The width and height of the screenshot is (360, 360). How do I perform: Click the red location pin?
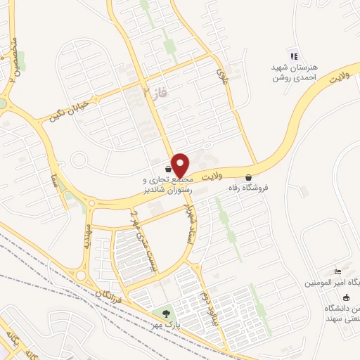click(x=180, y=165)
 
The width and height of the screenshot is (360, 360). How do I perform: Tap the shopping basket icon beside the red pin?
click(x=167, y=169)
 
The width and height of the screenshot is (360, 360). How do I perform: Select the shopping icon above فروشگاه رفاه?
click(x=248, y=178)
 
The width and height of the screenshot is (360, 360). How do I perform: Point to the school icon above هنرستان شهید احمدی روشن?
click(x=294, y=56)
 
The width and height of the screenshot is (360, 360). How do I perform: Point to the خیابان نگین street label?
click(x=67, y=110)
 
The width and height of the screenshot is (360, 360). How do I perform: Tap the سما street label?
click(x=51, y=166)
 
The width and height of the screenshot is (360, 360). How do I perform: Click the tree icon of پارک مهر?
click(x=166, y=314)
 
